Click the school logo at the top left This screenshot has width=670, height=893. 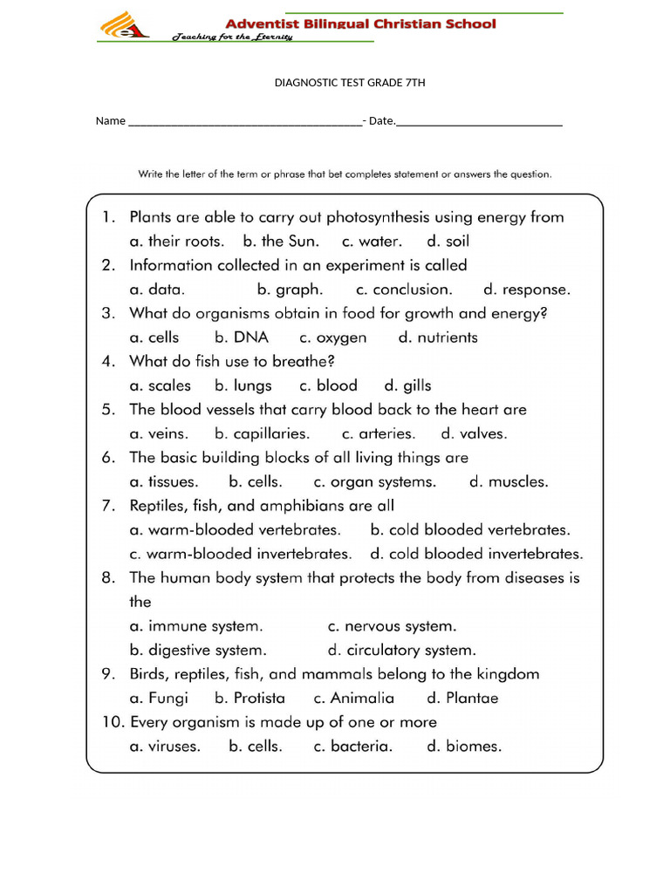coord(124,25)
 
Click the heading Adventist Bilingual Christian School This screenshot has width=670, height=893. coord(361,24)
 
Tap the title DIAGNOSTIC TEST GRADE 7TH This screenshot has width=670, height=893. coord(350,84)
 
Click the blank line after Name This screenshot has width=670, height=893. coord(244,123)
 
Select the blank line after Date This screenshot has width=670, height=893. coord(479,123)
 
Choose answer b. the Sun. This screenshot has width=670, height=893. coord(281,242)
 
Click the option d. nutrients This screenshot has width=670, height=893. coord(438,337)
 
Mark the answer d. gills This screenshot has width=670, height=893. coord(407,385)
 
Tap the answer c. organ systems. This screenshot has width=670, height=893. coord(375,481)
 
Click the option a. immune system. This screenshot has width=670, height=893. coord(195,625)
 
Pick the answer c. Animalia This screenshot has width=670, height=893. coord(354,698)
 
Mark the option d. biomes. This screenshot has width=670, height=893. coord(464,746)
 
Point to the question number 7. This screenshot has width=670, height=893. coord(108,506)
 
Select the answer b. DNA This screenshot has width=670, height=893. coord(242,337)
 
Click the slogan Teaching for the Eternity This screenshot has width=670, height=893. coord(232,37)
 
